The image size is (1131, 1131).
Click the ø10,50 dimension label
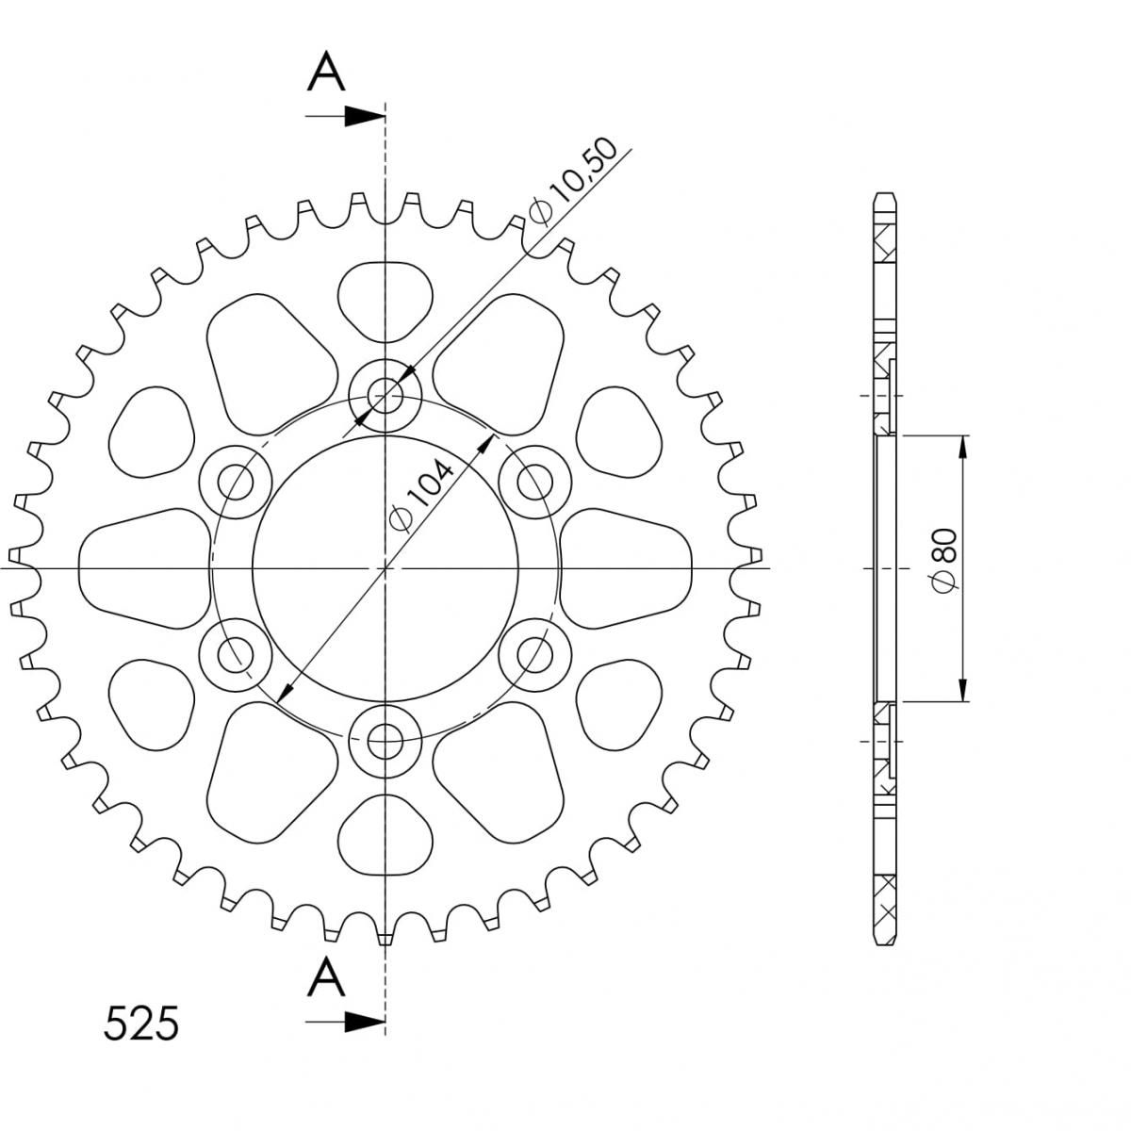[572, 181]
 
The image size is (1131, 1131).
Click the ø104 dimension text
[421, 497]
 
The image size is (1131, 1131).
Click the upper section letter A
[326, 72]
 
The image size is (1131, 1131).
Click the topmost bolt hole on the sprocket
[385, 395]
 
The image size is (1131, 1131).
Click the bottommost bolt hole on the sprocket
[385, 742]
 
